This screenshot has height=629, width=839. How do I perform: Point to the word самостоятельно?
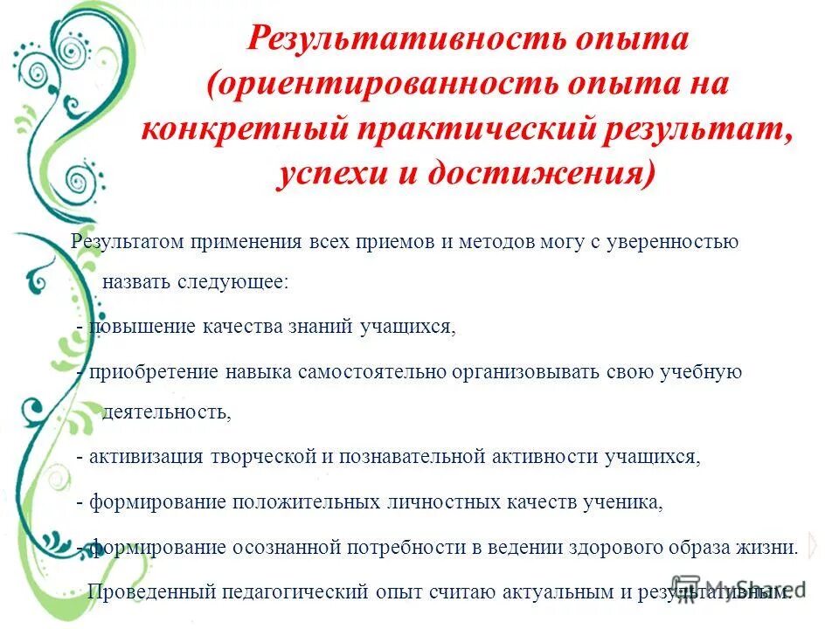(372, 371)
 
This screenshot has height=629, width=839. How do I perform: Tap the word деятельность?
(166, 412)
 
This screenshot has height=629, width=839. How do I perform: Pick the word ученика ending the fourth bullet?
(628, 502)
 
